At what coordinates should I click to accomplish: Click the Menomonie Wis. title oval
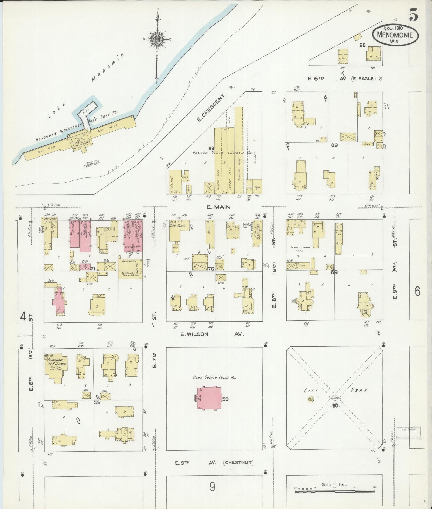coord(395,35)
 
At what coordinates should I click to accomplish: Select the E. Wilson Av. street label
coord(212,334)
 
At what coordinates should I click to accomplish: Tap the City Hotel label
coord(177,225)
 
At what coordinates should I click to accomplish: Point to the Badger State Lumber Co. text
coord(223,153)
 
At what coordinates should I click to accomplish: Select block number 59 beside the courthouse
coord(225,399)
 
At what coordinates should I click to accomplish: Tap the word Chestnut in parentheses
coord(238,463)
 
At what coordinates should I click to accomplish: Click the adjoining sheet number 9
coord(213,487)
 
